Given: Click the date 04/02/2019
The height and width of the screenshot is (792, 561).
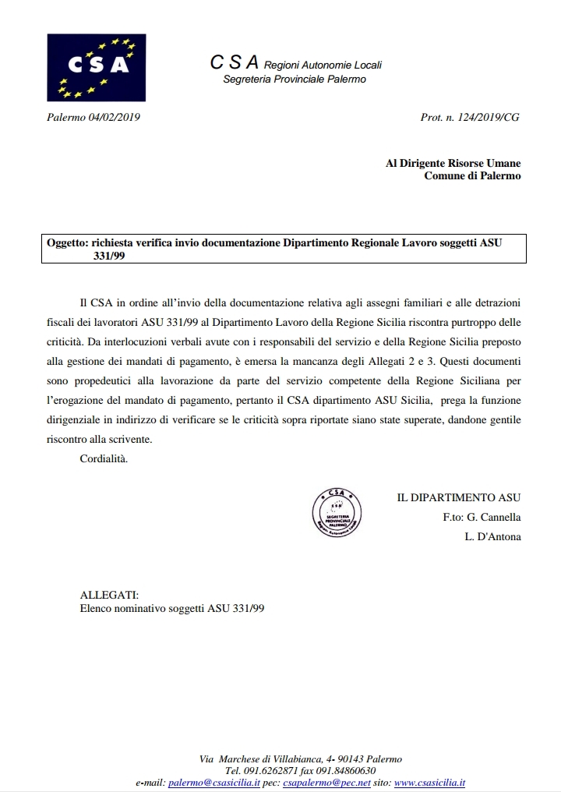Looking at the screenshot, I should coord(115,118).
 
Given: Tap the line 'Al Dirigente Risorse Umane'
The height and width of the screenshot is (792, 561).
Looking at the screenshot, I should coord(453,163).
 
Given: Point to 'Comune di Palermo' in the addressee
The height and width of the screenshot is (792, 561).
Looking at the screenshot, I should coord(472,175).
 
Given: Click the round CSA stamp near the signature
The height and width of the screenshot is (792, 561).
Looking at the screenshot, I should coord(336,513).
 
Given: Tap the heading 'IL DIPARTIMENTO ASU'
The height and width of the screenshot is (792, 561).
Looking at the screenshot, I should coord(459,497).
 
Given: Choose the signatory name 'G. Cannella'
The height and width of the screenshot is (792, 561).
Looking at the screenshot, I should coord(493,517).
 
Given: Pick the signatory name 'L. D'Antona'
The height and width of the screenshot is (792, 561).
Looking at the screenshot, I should coord(492,537).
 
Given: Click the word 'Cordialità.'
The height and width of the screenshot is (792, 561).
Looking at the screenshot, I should coord(104,458).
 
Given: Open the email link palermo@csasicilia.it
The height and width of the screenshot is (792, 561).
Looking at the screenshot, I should coord(214,782).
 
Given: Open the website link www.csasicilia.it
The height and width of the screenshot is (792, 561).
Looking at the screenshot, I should coord(430,782).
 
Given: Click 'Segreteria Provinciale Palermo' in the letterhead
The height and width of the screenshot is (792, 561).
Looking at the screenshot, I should coord(295,80).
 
